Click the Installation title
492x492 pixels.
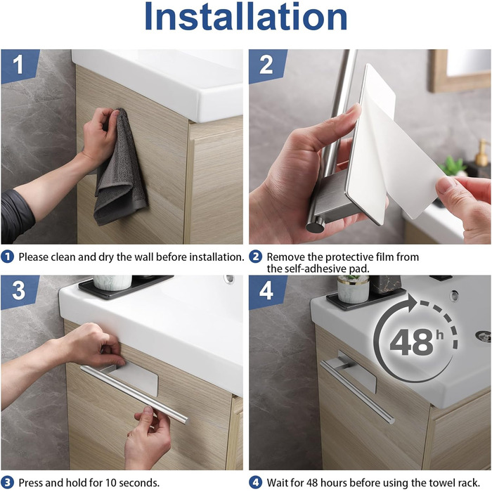click(x=246, y=16)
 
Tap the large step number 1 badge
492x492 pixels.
click(x=20, y=66)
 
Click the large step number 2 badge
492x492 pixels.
click(x=267, y=66)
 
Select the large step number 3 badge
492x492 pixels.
click(x=20, y=292)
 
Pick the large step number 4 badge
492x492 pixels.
click(x=267, y=292)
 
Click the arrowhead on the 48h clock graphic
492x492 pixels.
click(x=412, y=304)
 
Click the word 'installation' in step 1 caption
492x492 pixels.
click(x=216, y=257)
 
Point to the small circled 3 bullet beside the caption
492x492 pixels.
click(x=8, y=483)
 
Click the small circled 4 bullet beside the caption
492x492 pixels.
click(x=255, y=483)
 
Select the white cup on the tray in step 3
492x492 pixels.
click(x=112, y=283)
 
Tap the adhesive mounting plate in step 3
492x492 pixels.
click(x=135, y=378)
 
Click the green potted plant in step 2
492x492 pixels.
click(x=453, y=167)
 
